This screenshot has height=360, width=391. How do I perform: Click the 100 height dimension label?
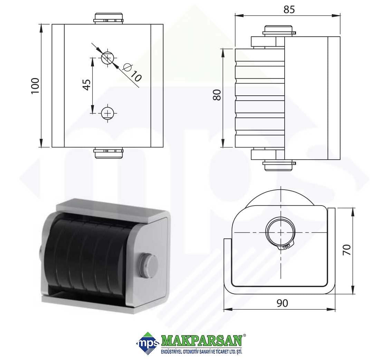35,86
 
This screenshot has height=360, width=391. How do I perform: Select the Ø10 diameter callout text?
132,72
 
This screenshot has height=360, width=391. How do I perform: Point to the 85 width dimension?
289,9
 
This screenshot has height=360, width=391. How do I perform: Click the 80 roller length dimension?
217,95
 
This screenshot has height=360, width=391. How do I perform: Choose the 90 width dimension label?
282,303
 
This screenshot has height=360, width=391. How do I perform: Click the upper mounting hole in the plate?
107,58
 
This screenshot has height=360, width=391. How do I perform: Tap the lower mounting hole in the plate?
107,113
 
